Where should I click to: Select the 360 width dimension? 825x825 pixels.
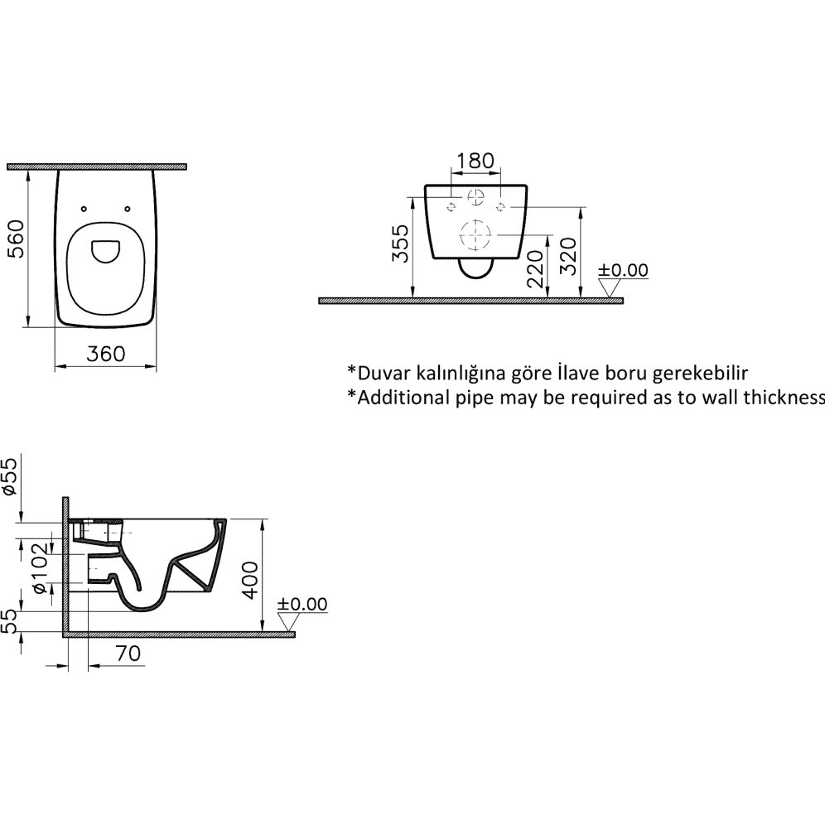pyautogui.click(x=106, y=354)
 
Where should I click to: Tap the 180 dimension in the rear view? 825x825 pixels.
pyautogui.click(x=475, y=161)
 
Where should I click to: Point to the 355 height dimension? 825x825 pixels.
pyautogui.click(x=400, y=244)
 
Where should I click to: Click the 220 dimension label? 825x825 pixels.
pyautogui.click(x=535, y=269)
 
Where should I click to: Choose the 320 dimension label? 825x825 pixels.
pyautogui.click(x=567, y=256)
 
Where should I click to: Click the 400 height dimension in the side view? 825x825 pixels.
pyautogui.click(x=250, y=581)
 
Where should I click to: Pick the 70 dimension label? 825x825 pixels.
pyautogui.click(x=128, y=653)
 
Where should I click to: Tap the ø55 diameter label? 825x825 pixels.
pyautogui.click(x=10, y=476)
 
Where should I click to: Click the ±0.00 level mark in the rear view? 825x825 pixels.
pyautogui.click(x=623, y=270)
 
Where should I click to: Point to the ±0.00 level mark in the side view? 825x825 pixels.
pyautogui.click(x=302, y=604)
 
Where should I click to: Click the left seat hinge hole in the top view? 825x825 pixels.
pyautogui.click(x=84, y=210)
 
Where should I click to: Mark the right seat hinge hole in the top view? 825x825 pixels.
pyautogui.click(x=128, y=210)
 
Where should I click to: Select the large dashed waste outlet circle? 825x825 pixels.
pyautogui.click(x=475, y=234)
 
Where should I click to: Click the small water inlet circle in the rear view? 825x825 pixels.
pyautogui.click(x=475, y=196)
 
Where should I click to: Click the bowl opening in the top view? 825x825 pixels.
pyautogui.click(x=106, y=252)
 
